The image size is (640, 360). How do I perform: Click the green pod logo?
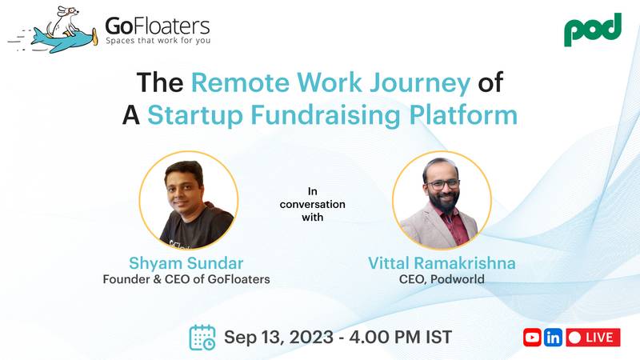point(592,29)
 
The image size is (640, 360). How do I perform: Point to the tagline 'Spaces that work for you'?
point(157,40)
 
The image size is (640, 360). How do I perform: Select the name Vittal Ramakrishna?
point(442,263)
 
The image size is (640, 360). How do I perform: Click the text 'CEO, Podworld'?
point(442,280)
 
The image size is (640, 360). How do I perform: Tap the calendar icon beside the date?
point(202,337)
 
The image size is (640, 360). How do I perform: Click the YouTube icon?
point(532,337)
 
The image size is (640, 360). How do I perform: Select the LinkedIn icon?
point(553,337)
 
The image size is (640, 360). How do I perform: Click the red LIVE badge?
point(593,337)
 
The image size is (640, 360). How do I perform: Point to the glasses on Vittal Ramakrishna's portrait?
point(443,183)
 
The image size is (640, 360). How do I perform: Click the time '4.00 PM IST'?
point(401,337)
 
